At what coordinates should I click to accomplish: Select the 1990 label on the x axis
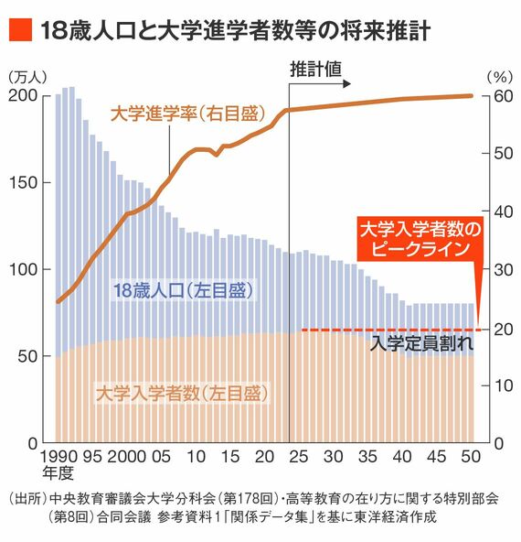[59, 456]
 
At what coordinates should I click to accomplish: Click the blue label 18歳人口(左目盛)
[182, 291]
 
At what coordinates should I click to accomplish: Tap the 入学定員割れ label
[421, 345]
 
